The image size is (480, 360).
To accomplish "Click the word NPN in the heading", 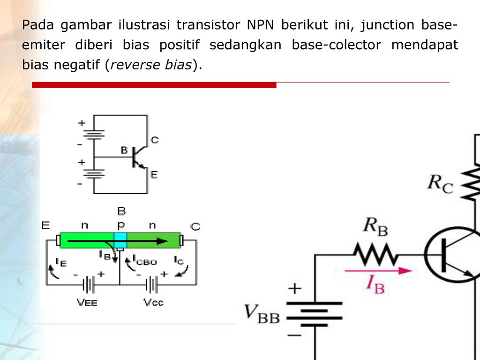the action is tap(260, 25).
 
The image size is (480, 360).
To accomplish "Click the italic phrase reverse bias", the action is tap(151, 65).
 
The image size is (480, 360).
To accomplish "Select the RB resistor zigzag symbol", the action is tap(375, 254).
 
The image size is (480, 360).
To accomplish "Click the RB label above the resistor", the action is tap(375, 227).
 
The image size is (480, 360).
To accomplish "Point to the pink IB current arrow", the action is tap(378, 270).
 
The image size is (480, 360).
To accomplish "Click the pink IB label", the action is tap(375, 285).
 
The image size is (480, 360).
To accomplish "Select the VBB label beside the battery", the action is tap(262, 314).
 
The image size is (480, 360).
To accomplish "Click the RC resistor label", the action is tap(440, 184).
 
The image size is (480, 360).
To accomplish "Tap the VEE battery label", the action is tap(87, 302).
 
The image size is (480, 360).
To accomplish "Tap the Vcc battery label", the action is tap(153, 302).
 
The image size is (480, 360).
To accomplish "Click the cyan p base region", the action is tap(120, 240).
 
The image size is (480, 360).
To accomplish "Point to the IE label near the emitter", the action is tap(60, 262).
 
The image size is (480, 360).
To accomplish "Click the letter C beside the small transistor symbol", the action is tap(155, 140).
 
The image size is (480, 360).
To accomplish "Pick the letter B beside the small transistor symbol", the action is tap(124, 150).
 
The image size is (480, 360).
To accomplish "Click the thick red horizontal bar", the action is tap(154, 85).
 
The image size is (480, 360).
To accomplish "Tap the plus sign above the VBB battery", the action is tap(294, 289).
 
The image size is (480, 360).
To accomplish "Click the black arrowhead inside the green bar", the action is tap(162, 241).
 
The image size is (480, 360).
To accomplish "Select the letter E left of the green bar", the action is tap(45, 225).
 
